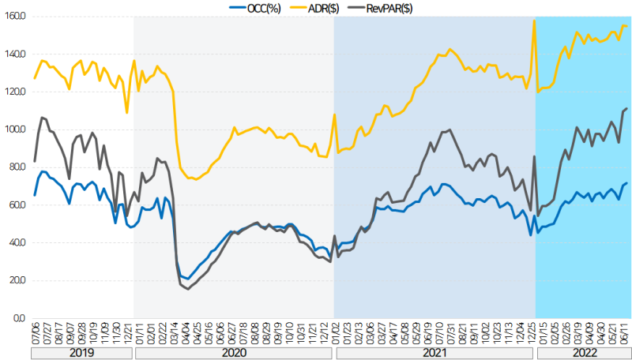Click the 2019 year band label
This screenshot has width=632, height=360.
click(82, 354)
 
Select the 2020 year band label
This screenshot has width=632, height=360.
click(234, 354)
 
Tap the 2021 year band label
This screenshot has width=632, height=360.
click(434, 354)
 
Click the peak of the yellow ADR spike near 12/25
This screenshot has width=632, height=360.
click(535, 21)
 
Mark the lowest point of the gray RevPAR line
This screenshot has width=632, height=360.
click(188, 289)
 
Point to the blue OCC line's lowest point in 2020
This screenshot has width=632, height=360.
click(187, 279)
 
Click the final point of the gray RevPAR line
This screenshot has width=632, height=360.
click(627, 109)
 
